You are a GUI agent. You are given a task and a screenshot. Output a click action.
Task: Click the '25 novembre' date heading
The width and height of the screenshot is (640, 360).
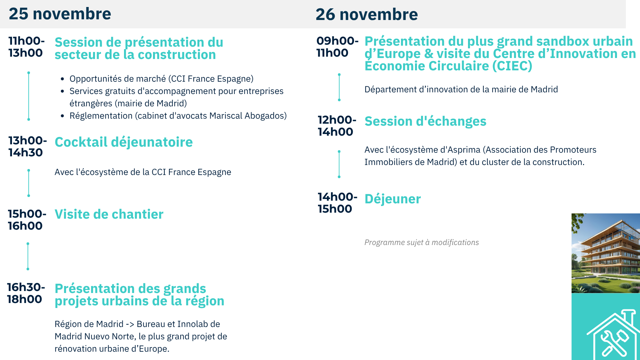click(60, 14)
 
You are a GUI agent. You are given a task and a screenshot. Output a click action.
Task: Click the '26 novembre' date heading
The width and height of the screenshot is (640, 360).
click(367, 14)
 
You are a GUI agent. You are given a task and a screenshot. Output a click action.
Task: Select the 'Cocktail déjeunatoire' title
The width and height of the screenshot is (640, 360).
click(124, 142)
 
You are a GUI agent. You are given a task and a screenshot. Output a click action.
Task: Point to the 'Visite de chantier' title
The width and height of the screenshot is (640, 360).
click(109, 214)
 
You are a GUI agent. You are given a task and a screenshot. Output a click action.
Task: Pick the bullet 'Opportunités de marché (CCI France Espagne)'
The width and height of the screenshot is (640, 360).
click(161, 79)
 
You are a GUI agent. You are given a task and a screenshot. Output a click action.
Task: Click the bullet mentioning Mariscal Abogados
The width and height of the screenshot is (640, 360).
click(178, 116)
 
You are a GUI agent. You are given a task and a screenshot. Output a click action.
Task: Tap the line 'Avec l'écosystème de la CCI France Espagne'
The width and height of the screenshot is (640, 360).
click(143, 172)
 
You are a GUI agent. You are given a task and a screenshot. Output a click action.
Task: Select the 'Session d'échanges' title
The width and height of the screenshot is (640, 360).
click(425, 121)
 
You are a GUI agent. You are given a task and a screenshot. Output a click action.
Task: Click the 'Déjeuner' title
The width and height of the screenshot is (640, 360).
click(393, 199)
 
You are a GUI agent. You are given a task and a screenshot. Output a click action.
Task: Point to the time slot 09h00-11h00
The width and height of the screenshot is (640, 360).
click(337, 47)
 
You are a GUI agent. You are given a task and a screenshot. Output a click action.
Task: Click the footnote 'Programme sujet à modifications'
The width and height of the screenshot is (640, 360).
click(422, 242)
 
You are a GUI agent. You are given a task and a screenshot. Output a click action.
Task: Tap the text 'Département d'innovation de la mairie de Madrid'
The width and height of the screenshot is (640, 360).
click(461, 89)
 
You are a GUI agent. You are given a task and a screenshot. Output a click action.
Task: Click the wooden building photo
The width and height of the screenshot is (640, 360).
click(606, 253)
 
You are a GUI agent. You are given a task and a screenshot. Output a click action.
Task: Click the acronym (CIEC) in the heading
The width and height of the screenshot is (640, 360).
click(512, 66)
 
